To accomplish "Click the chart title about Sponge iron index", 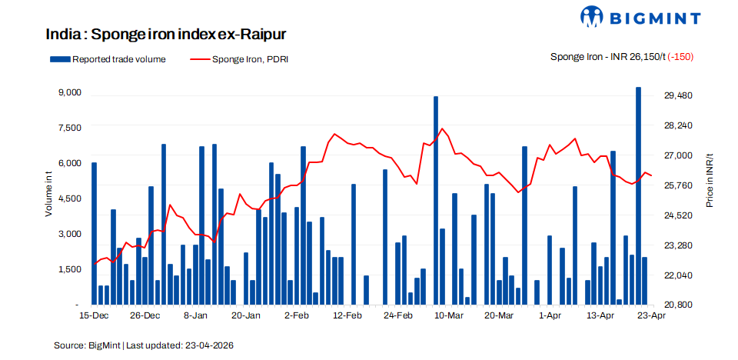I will [x=166, y=35].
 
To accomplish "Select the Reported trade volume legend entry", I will [x=108, y=58].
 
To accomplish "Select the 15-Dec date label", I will [x=94, y=316].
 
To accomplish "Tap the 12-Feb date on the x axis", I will [x=347, y=316].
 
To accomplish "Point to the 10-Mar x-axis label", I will [x=449, y=316].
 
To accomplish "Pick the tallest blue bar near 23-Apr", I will [x=638, y=195].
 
